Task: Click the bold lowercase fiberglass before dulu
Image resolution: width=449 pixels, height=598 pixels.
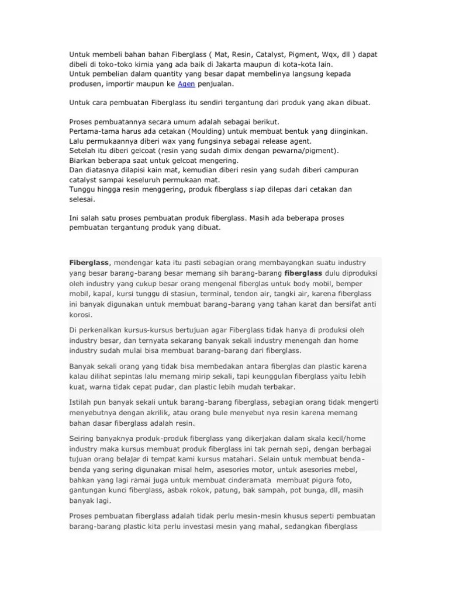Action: [303, 273]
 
